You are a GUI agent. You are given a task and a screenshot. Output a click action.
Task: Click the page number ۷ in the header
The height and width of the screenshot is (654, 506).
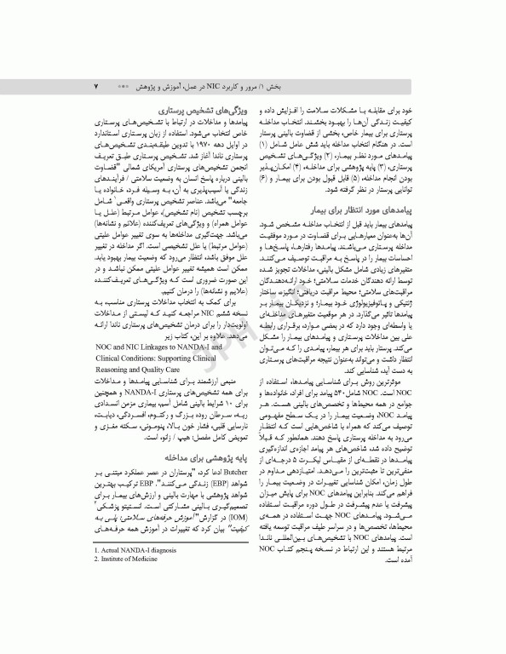(96, 87)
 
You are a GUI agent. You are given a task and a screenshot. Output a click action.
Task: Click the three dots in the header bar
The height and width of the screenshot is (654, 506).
(123, 87)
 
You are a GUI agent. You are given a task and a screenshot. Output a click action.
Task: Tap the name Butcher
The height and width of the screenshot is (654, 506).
(231, 497)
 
